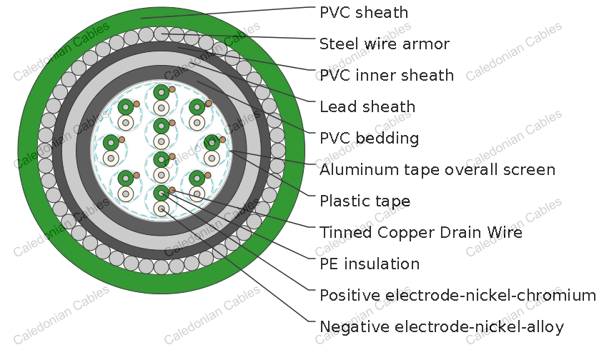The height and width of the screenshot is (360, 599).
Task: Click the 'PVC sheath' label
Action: click(364, 13)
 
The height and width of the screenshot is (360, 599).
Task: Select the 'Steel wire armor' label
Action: click(384, 44)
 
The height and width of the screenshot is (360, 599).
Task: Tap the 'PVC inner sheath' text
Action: click(386, 76)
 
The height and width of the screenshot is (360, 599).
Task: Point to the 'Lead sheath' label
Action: click(367, 107)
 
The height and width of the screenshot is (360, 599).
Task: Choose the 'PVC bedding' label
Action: click(369, 139)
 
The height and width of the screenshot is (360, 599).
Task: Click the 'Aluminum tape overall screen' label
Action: click(437, 170)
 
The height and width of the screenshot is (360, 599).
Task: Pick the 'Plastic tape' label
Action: click(365, 201)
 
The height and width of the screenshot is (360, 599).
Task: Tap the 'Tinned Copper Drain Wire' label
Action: click(420, 233)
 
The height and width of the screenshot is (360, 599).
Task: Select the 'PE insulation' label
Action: click(369, 264)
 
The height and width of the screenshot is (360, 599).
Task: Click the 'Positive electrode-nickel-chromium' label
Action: click(457, 296)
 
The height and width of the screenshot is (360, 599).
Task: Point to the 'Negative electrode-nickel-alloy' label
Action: click(441, 327)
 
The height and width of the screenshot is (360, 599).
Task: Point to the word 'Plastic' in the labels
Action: click(342, 201)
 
